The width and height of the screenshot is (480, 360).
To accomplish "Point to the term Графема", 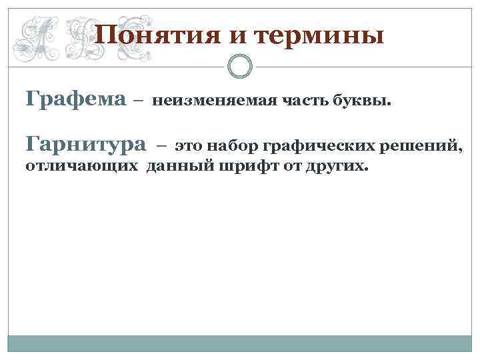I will pos(75,100).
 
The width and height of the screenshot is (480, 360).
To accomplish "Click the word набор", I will pos(231,145).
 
